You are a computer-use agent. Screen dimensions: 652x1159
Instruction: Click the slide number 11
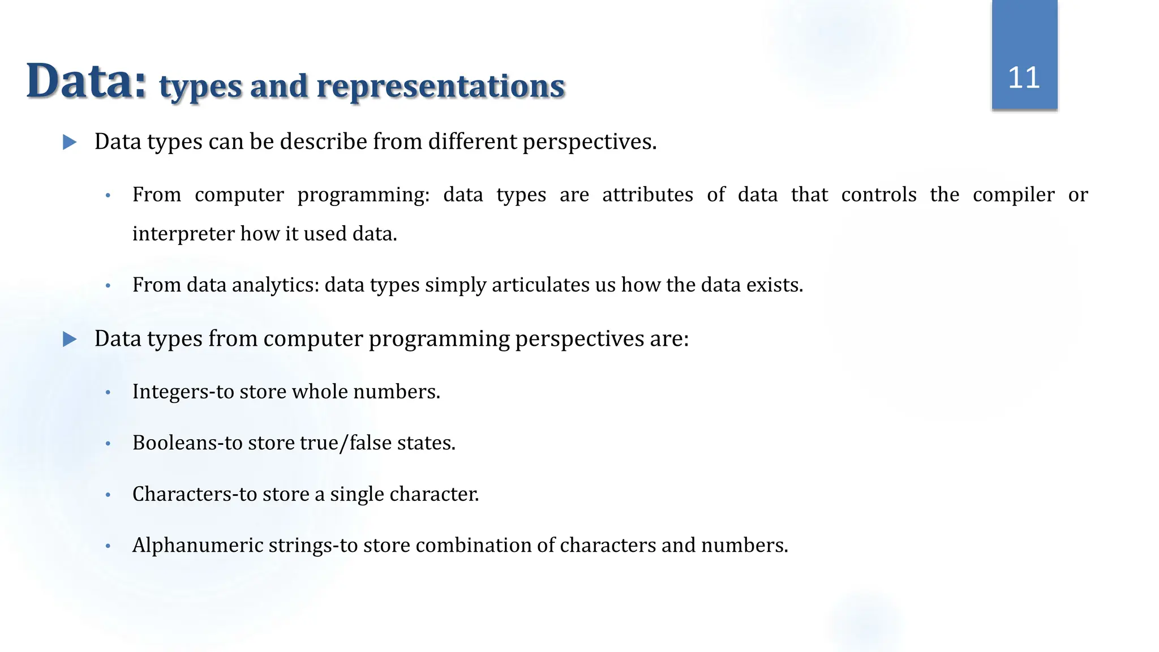tap(1024, 78)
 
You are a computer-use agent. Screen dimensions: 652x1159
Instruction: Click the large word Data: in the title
tap(87, 81)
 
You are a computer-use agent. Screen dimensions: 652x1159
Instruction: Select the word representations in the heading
tap(440, 87)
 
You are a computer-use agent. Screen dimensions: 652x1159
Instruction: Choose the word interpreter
tap(183, 234)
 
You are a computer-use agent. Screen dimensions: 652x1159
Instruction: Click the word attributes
tap(647, 195)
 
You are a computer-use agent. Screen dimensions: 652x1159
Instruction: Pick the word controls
tap(879, 195)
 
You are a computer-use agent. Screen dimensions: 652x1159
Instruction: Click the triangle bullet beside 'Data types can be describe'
tap(70, 142)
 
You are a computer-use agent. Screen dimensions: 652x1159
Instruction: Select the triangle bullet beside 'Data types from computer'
tap(70, 339)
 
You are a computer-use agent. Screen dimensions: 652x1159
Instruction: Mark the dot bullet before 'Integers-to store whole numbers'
tap(108, 392)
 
